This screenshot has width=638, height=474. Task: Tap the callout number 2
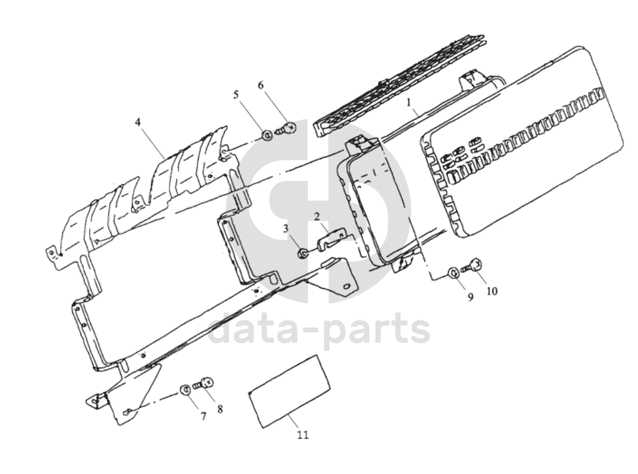[x=317, y=216]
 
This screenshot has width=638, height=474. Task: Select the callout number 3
[x=286, y=229]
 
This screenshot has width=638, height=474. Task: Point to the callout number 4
[x=139, y=122]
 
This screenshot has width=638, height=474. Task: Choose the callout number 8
[x=220, y=409]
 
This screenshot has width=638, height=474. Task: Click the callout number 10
[x=492, y=291]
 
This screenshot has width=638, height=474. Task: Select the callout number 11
[x=303, y=435]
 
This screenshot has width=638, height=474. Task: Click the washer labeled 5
[x=267, y=135]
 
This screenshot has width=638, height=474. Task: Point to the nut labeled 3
[x=302, y=254]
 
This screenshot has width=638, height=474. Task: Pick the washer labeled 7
[x=185, y=390]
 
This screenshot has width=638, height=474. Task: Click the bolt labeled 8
[x=202, y=383]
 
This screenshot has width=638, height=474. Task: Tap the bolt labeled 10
[x=472, y=266]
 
